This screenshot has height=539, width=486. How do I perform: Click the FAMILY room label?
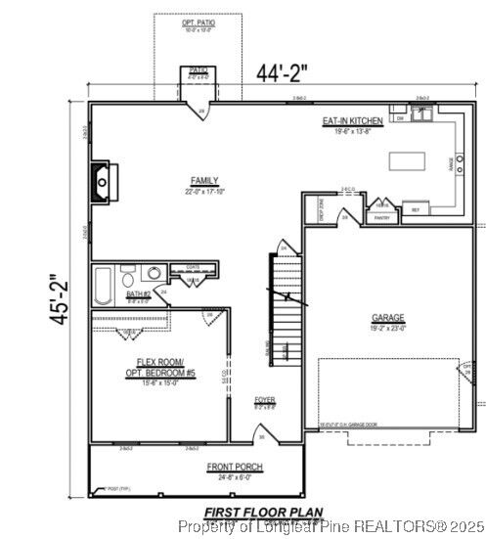[204, 181]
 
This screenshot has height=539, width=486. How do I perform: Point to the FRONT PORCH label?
[234, 468]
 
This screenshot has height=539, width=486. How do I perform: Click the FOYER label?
[264, 400]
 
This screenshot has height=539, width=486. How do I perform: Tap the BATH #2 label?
[138, 293]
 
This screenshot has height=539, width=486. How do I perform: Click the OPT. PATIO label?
[198, 22]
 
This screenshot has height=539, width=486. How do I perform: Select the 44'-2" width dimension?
[283, 72]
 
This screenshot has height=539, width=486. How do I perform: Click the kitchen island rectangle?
[409, 161]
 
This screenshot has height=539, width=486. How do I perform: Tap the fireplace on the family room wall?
[103, 181]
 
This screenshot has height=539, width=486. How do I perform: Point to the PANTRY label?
[382, 217]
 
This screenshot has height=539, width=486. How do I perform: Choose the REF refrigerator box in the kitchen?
[415, 209]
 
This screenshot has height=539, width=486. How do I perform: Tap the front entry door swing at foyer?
[260, 435]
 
